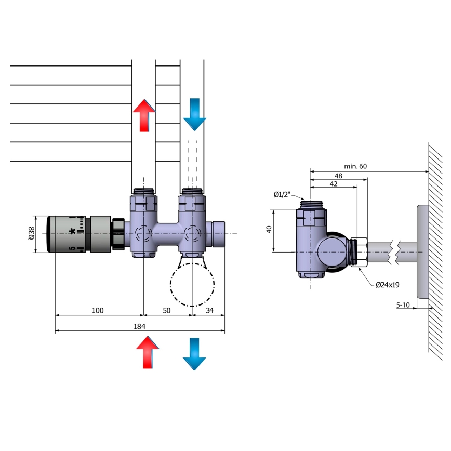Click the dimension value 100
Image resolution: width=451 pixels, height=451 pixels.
pyautogui.click(x=97, y=311)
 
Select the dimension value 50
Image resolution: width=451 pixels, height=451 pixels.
pyautogui.click(x=167, y=311)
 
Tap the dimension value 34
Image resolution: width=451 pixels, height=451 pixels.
pyautogui.click(x=209, y=311)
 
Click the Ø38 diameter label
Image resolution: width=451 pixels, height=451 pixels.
pyautogui.click(x=31, y=234)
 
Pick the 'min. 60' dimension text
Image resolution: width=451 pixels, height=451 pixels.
pyautogui.click(x=355, y=166)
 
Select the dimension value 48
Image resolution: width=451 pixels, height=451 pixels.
pyautogui.click(x=338, y=175)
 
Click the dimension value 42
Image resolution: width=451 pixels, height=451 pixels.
pyautogui.click(x=333, y=184)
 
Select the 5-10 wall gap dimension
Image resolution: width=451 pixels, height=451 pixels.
pyautogui.click(x=404, y=305)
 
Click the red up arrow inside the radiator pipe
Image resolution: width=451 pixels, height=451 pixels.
pyautogui.click(x=144, y=114)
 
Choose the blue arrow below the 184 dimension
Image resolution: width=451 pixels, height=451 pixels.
pyautogui.click(x=194, y=353)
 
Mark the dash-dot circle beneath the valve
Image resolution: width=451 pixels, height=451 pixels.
pyautogui.click(x=192, y=283)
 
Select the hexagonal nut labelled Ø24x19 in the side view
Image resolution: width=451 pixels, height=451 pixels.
pyautogui.click(x=358, y=252)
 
